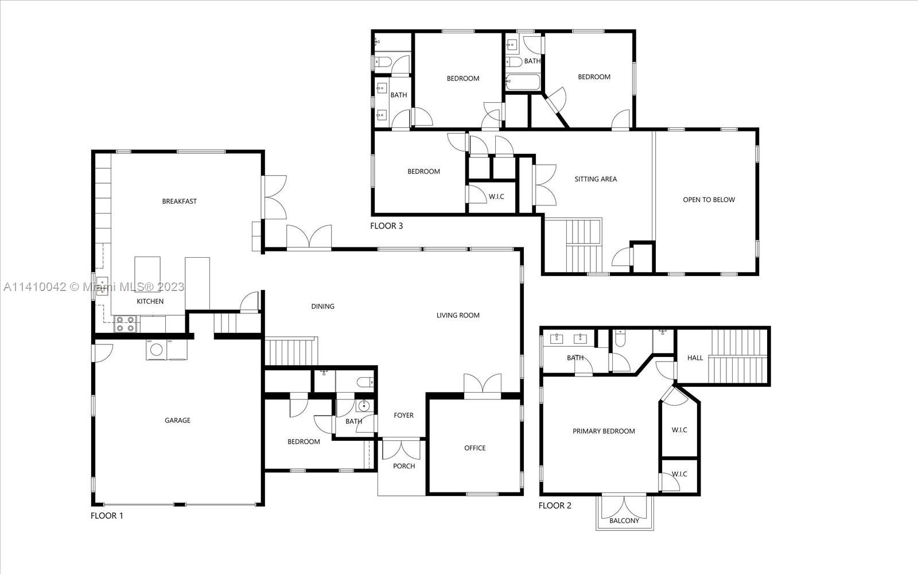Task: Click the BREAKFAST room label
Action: [179, 201]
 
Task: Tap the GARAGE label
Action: [177, 421]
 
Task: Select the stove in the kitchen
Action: [125, 324]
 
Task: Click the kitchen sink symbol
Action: [102, 285]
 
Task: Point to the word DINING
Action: [322, 307]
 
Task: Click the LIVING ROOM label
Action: [458, 315]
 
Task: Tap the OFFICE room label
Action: [474, 448]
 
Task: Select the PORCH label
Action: [404, 466]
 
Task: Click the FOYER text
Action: [403, 416]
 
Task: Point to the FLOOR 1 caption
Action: [107, 515]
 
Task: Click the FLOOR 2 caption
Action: [555, 506]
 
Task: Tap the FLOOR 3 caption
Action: [386, 226]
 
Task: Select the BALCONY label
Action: [624, 521]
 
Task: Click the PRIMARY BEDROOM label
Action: [604, 432]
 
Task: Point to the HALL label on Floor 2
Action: [695, 358]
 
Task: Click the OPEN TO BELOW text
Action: [709, 200]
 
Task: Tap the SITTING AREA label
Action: [596, 179]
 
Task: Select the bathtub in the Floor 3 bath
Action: [523, 83]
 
